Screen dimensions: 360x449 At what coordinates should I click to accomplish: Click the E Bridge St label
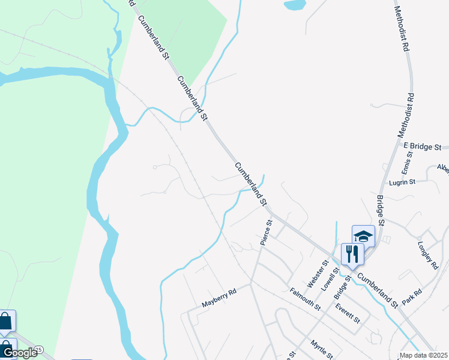point(423,146)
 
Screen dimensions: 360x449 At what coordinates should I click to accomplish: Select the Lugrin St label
point(402,181)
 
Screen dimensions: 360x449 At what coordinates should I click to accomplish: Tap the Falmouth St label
point(305,299)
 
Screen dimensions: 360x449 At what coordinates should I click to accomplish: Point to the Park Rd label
point(412,296)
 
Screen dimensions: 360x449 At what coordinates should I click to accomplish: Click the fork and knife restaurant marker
point(352,254)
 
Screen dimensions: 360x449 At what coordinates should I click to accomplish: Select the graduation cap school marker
point(363,236)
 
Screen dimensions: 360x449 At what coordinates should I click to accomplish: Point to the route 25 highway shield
point(39,349)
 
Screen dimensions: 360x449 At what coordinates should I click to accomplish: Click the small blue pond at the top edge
point(294,5)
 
